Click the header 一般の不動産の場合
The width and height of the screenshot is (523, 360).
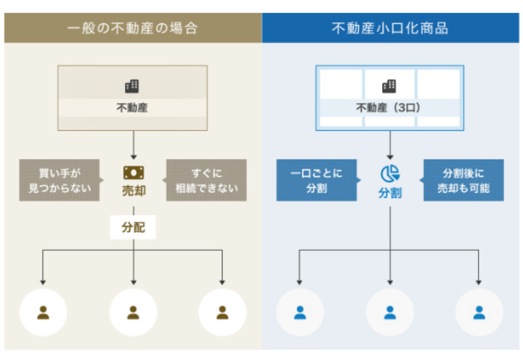(x=132, y=29)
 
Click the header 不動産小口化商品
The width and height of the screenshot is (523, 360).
(x=390, y=29)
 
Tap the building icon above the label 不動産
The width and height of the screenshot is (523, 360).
(x=132, y=86)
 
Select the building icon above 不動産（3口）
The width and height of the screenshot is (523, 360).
(x=390, y=86)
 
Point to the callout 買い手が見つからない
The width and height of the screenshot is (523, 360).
(x=59, y=180)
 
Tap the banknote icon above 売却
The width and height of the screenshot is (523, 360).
(x=133, y=173)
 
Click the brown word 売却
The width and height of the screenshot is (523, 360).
(x=133, y=192)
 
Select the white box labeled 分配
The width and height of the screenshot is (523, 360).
(x=133, y=228)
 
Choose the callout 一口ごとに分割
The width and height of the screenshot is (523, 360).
(x=316, y=180)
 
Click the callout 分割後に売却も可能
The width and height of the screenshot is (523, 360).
(x=464, y=180)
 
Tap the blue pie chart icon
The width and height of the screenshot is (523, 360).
(x=390, y=174)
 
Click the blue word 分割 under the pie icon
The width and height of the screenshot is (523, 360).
(x=390, y=193)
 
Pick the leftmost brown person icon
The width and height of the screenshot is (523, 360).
(x=44, y=312)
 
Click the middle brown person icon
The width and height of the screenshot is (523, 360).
(x=133, y=312)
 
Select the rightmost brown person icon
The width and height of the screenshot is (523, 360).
(x=222, y=312)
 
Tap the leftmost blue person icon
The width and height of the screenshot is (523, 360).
(x=300, y=312)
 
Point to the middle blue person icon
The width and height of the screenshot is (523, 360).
(x=390, y=312)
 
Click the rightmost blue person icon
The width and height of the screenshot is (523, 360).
(x=479, y=312)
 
